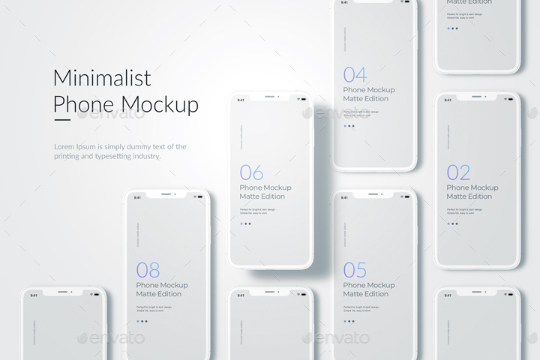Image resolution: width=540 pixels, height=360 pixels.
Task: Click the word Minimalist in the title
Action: (102, 78)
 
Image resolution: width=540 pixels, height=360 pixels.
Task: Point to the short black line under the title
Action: (61, 120)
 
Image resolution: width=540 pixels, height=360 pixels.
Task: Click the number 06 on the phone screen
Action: (251, 172)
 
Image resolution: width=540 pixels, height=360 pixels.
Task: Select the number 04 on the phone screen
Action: (355, 75)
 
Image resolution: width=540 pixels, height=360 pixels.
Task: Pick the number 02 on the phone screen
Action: (458, 172)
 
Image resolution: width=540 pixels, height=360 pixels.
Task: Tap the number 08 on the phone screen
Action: (148, 270)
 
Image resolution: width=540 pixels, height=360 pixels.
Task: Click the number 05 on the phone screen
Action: (355, 270)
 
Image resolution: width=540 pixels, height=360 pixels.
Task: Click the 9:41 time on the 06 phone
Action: (241, 100)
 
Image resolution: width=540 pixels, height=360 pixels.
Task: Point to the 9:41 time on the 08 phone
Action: (137, 197)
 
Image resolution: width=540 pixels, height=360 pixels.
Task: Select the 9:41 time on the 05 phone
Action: (344, 197)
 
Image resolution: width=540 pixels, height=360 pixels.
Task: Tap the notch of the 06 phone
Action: (271, 97)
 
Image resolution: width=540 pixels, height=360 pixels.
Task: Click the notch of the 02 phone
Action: (477, 97)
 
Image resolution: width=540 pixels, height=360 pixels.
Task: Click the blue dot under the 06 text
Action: (241, 223)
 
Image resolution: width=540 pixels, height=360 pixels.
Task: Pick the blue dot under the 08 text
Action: (138, 321)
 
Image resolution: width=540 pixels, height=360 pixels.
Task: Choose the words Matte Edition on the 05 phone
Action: (366, 294)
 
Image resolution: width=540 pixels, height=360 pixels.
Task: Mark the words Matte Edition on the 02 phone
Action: (469, 196)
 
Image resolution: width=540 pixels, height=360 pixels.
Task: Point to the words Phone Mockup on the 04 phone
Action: (369, 90)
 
